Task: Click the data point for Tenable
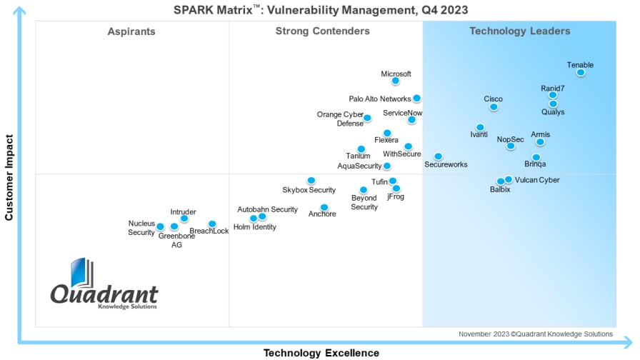[x=581, y=72]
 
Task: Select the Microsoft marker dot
[x=395, y=81]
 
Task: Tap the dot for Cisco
[x=494, y=107]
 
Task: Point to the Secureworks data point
[x=438, y=156]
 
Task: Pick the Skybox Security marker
[x=311, y=181]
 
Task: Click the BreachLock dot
[x=212, y=224]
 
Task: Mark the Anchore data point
[x=324, y=208]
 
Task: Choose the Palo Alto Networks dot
[x=416, y=99]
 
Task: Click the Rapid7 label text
[x=553, y=89]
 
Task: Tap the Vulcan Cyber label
[x=537, y=180]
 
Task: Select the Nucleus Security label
[x=141, y=228]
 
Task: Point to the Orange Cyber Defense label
[x=340, y=119]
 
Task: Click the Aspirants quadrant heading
[x=131, y=31]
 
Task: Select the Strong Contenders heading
[x=323, y=31]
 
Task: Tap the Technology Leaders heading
[x=519, y=31]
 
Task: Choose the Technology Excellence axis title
[x=321, y=353]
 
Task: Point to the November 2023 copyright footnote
[x=535, y=334]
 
